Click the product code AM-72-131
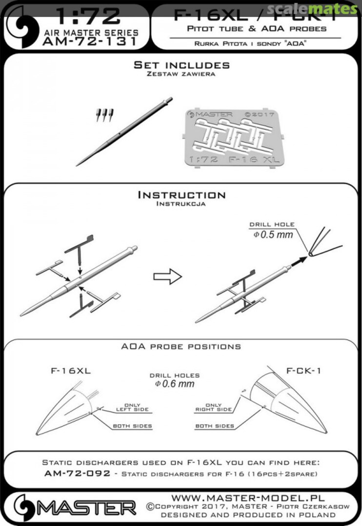point(90,42)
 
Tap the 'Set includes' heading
point(181,65)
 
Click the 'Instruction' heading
point(181,195)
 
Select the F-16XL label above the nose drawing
point(71,371)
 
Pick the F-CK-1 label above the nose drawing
point(297,371)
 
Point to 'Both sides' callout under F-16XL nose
point(132,426)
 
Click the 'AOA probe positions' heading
point(181,347)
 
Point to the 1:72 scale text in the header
point(89,18)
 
